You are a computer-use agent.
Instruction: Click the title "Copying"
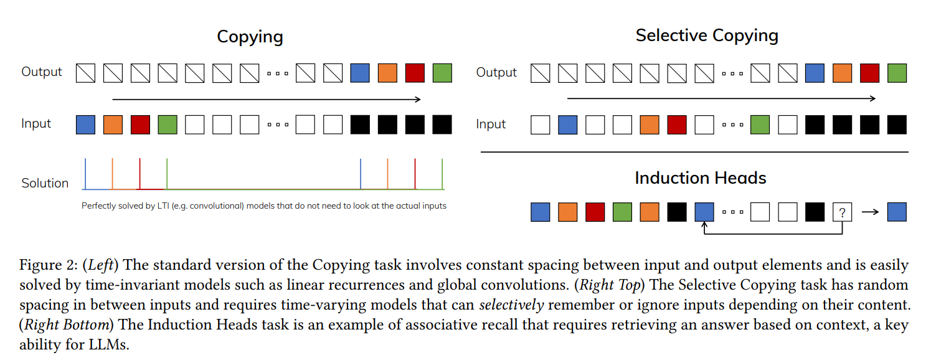(x=250, y=36)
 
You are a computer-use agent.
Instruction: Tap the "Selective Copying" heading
(x=707, y=35)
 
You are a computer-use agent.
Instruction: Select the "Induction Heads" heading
(x=700, y=178)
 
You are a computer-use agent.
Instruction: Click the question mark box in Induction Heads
(x=842, y=212)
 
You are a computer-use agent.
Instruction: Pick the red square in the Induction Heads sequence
(x=595, y=212)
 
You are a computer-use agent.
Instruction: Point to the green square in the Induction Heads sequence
(x=623, y=212)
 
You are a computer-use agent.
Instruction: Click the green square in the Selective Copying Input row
(x=760, y=125)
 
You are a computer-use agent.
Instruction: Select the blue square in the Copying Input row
(x=85, y=125)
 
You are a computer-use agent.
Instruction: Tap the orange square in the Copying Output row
(x=387, y=73)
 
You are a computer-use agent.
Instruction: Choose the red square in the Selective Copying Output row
(x=869, y=73)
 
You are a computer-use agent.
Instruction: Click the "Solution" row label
(x=45, y=183)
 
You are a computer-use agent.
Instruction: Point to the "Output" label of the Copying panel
(x=42, y=72)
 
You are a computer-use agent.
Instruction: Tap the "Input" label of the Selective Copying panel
(x=491, y=124)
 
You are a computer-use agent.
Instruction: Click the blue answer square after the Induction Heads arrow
(x=897, y=212)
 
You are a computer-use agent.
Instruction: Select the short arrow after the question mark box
(x=869, y=212)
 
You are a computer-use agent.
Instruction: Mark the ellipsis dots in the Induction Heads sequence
(x=732, y=212)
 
